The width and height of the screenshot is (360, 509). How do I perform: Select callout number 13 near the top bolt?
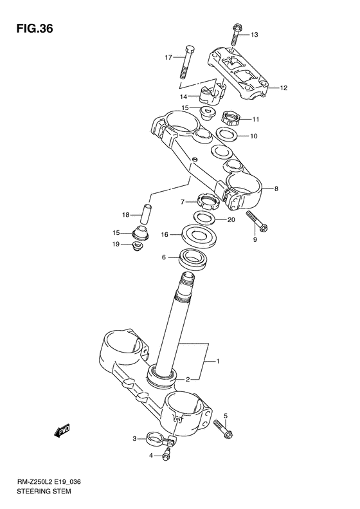tap(253, 34)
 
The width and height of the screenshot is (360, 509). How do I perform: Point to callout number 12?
tap(283, 88)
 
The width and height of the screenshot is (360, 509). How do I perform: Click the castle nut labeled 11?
tap(231, 118)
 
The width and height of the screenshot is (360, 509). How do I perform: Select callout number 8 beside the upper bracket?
tap(276, 189)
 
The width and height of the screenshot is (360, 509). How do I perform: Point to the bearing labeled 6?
tap(192, 258)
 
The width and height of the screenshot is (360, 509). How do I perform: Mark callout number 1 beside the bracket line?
tap(217, 362)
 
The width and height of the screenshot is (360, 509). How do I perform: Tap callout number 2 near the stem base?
tap(188, 379)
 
